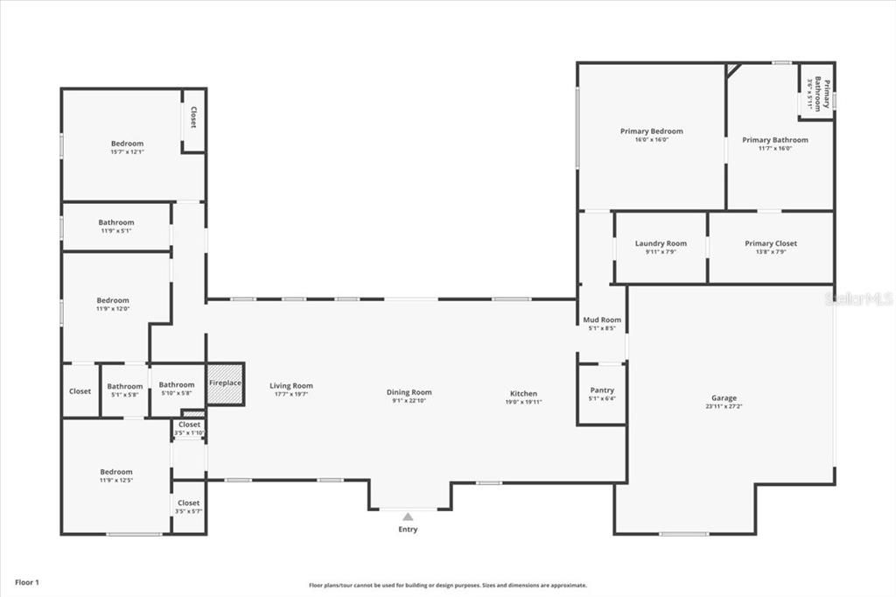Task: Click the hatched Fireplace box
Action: pyautogui.click(x=225, y=383)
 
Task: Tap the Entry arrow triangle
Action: pyautogui.click(x=408, y=517)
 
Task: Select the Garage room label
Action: pyautogui.click(x=724, y=397)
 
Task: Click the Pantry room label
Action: pyautogui.click(x=602, y=390)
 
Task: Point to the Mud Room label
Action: pyautogui.click(x=602, y=320)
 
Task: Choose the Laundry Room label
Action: pyautogui.click(x=661, y=243)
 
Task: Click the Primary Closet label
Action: pyautogui.click(x=771, y=243)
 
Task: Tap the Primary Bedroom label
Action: pyautogui.click(x=651, y=131)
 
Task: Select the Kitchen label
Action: pyautogui.click(x=523, y=393)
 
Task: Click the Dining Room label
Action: pyautogui.click(x=409, y=392)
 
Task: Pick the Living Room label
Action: pyautogui.click(x=290, y=386)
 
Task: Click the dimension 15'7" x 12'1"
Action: pyautogui.click(x=127, y=152)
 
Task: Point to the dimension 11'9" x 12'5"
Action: pyautogui.click(x=115, y=481)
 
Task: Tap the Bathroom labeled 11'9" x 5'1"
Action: pyautogui.click(x=115, y=222)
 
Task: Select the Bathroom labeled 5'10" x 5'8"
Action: pyautogui.click(x=177, y=384)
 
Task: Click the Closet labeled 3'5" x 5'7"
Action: pyautogui.click(x=188, y=503)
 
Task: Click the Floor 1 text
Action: pyautogui.click(x=26, y=582)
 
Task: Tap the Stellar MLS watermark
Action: pyautogui.click(x=862, y=298)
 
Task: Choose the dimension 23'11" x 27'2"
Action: pyautogui.click(x=724, y=407)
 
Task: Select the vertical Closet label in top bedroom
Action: pyautogui.click(x=193, y=117)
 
